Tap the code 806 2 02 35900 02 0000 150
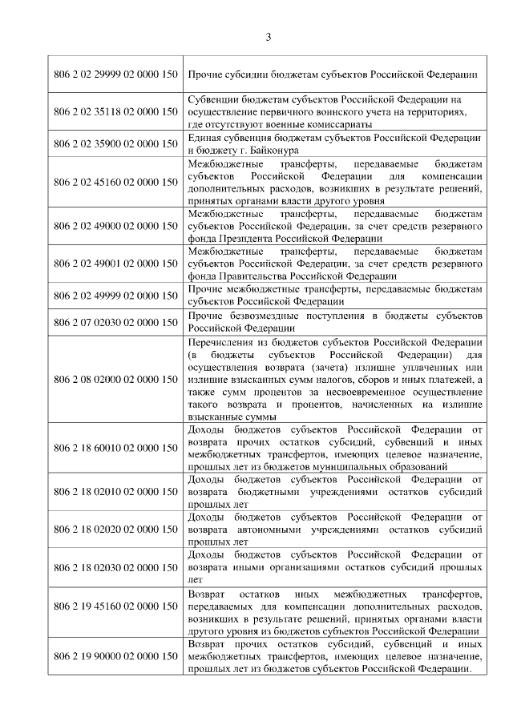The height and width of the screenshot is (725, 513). pos(115,143)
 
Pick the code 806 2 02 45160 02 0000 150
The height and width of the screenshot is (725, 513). pos(115,182)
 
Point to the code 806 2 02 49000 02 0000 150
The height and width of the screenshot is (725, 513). pos(115,227)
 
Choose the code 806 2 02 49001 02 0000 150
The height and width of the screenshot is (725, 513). pos(115,263)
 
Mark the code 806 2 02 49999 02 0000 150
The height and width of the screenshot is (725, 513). pos(115,295)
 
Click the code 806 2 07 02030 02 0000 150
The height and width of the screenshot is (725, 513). pos(115,322)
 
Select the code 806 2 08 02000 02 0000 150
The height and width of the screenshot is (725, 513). pos(115,378)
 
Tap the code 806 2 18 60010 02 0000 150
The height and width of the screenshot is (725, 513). pos(115,448)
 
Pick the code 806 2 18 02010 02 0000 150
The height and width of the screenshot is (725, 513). pos(115,492)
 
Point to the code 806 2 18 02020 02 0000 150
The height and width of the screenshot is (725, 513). pos(115,529)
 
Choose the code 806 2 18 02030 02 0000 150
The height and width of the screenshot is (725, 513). pos(115,567)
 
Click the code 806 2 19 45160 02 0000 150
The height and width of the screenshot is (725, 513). pos(115,613)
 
